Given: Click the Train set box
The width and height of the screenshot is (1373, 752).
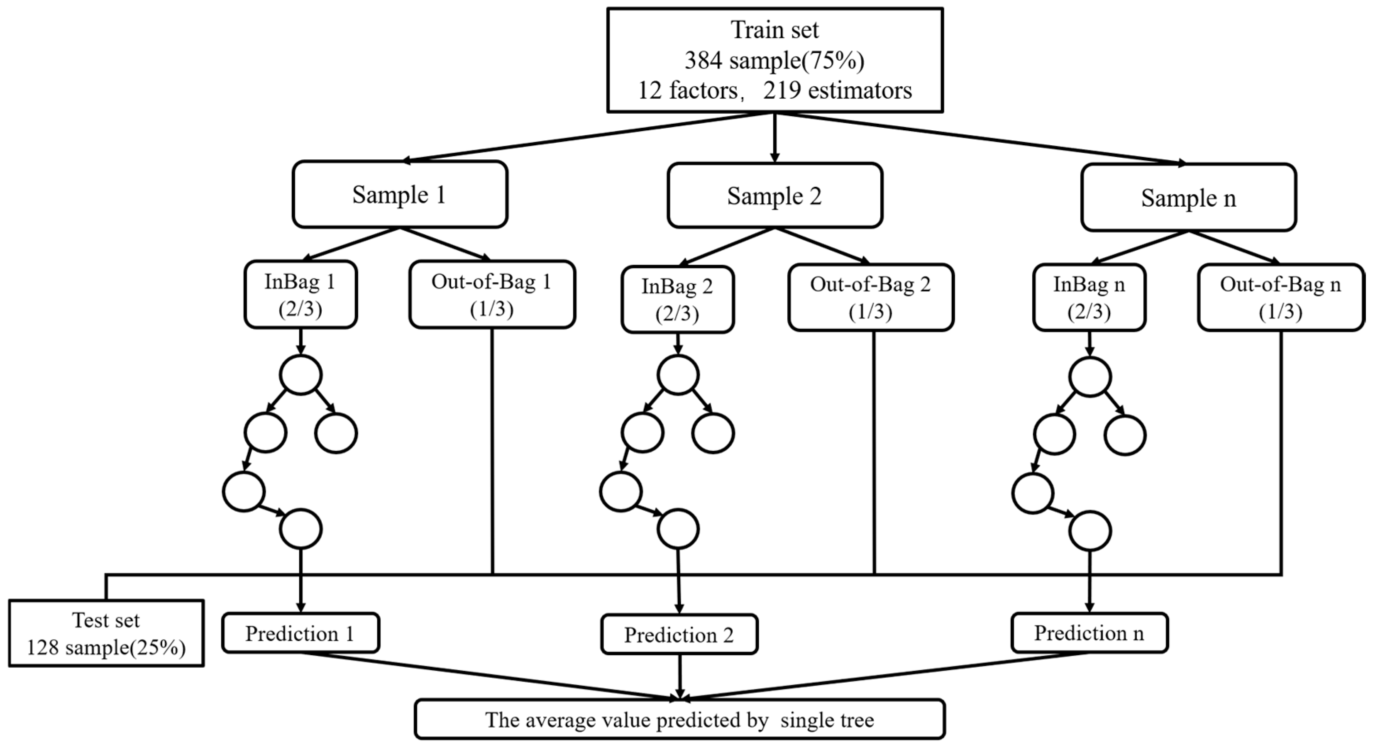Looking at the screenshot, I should point(774,60).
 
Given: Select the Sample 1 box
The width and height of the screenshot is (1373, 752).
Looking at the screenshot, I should point(399,195).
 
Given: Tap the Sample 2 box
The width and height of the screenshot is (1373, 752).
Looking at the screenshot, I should point(774,195).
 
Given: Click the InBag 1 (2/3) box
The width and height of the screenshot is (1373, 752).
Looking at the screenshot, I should point(300,294).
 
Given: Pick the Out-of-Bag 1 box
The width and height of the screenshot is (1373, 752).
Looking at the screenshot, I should point(491,294).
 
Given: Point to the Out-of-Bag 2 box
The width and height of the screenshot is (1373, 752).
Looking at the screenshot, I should point(870,298).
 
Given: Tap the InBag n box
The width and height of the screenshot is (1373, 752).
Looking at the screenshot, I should point(1089,298).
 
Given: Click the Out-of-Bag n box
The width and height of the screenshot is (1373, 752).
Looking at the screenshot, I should point(1280,298).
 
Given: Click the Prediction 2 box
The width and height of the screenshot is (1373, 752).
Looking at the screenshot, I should point(679,635).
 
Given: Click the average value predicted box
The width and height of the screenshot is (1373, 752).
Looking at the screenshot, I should point(679,720).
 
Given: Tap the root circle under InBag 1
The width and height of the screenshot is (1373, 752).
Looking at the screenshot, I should point(300,375).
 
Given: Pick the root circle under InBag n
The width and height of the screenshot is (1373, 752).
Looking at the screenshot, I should point(1090,377).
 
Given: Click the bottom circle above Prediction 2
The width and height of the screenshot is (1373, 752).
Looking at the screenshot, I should point(678,529).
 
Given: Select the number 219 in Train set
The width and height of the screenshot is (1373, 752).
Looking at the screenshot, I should point(782,90).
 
